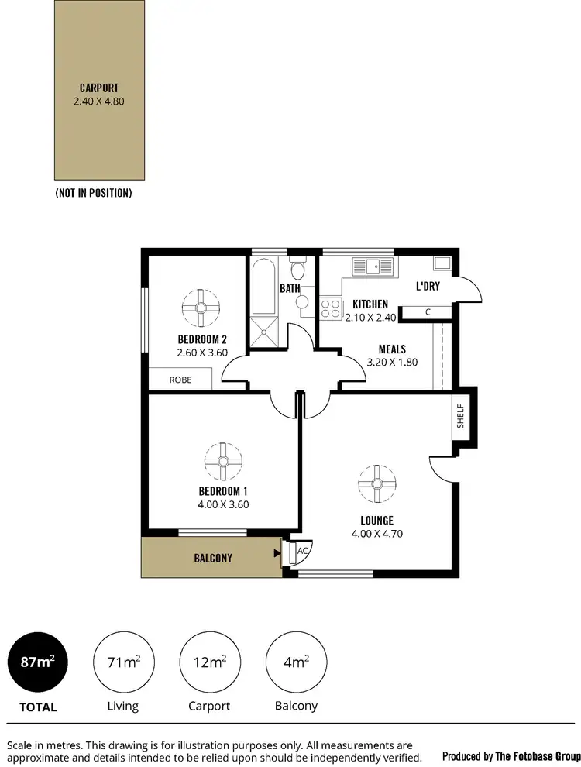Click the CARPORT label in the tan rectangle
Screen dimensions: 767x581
tap(98, 88)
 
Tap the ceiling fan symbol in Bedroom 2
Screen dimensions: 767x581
tap(201, 308)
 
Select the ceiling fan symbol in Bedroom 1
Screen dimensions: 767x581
tap(223, 462)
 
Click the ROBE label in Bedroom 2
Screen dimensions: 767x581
tap(180, 380)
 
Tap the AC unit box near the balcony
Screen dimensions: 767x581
tap(301, 551)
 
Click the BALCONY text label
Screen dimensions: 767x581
tap(212, 558)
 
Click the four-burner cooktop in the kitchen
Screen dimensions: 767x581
tap(331, 308)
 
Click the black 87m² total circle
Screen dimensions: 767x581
tap(36, 662)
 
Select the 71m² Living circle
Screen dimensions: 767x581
tap(122, 662)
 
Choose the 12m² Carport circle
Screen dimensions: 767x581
tap(208, 662)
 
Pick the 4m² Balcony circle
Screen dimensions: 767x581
tap(295, 662)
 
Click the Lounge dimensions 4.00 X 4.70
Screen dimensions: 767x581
tap(376, 533)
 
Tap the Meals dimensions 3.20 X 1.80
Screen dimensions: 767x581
tap(392, 363)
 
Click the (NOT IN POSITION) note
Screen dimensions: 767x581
tap(93, 193)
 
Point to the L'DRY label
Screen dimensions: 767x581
tap(428, 286)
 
